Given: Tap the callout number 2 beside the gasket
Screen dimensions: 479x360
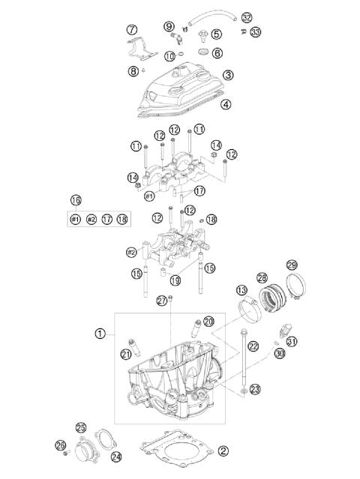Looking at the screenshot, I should coord(222,451).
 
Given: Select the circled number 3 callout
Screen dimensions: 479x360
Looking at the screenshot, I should coord(227,75).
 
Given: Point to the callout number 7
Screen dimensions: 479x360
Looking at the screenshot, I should coord(132,30).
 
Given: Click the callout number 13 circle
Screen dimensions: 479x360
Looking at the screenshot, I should coord(241,291).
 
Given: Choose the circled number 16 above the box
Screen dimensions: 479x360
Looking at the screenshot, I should coord(75,200).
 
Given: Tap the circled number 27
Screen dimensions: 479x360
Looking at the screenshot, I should coord(160,301).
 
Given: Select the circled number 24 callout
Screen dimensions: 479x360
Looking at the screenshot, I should coord(116,455).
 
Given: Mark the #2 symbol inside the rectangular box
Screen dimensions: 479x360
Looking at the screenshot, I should coord(91,219).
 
